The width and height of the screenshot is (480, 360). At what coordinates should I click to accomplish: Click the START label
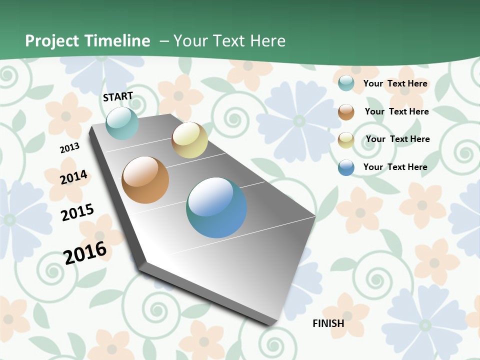(x=118, y=96)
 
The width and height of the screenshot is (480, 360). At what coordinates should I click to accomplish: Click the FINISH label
(x=328, y=323)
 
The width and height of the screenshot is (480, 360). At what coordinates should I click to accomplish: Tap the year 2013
(x=69, y=148)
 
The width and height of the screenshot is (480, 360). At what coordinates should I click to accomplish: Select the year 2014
(x=73, y=177)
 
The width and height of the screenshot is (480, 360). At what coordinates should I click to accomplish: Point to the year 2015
(x=77, y=212)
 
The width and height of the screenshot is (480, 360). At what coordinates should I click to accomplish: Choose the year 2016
(x=85, y=252)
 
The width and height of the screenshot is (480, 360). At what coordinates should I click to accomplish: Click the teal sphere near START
(x=122, y=123)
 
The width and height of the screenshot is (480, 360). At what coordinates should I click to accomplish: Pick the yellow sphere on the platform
(x=189, y=140)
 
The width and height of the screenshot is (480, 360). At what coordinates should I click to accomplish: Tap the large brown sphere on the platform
(x=145, y=180)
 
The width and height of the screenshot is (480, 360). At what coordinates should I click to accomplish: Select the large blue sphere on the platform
(x=216, y=207)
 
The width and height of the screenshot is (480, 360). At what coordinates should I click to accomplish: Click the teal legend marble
(x=346, y=83)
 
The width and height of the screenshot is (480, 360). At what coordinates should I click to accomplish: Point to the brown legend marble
(x=346, y=112)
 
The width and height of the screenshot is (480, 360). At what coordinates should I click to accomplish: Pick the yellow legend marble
(x=346, y=140)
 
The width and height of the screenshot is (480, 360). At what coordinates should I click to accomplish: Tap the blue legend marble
(x=346, y=167)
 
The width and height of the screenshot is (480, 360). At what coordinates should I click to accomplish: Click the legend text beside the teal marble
(x=395, y=83)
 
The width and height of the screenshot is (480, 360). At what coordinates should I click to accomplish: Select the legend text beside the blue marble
(x=395, y=167)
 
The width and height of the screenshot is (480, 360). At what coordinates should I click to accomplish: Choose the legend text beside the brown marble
(x=396, y=111)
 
